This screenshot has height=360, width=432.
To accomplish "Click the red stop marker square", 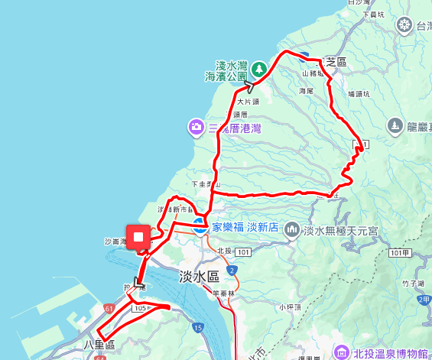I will pyautogui.click(x=138, y=238).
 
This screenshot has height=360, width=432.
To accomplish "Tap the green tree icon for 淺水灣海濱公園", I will pyautogui.click(x=258, y=69).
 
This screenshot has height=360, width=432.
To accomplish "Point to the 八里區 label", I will pyautogui.click(x=99, y=346).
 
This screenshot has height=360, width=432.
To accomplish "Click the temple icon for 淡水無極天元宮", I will pyautogui.click(x=291, y=229).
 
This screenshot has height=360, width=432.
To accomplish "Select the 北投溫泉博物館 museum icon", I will pyautogui.click(x=341, y=352).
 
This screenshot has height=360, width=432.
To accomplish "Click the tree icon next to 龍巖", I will pyautogui.click(x=395, y=125).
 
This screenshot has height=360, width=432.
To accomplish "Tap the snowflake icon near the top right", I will pyautogui.click(x=404, y=26).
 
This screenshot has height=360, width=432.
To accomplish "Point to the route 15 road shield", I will pyautogui.click(x=197, y=328).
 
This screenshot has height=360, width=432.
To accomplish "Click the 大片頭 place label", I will pyautogui.click(x=248, y=101).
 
